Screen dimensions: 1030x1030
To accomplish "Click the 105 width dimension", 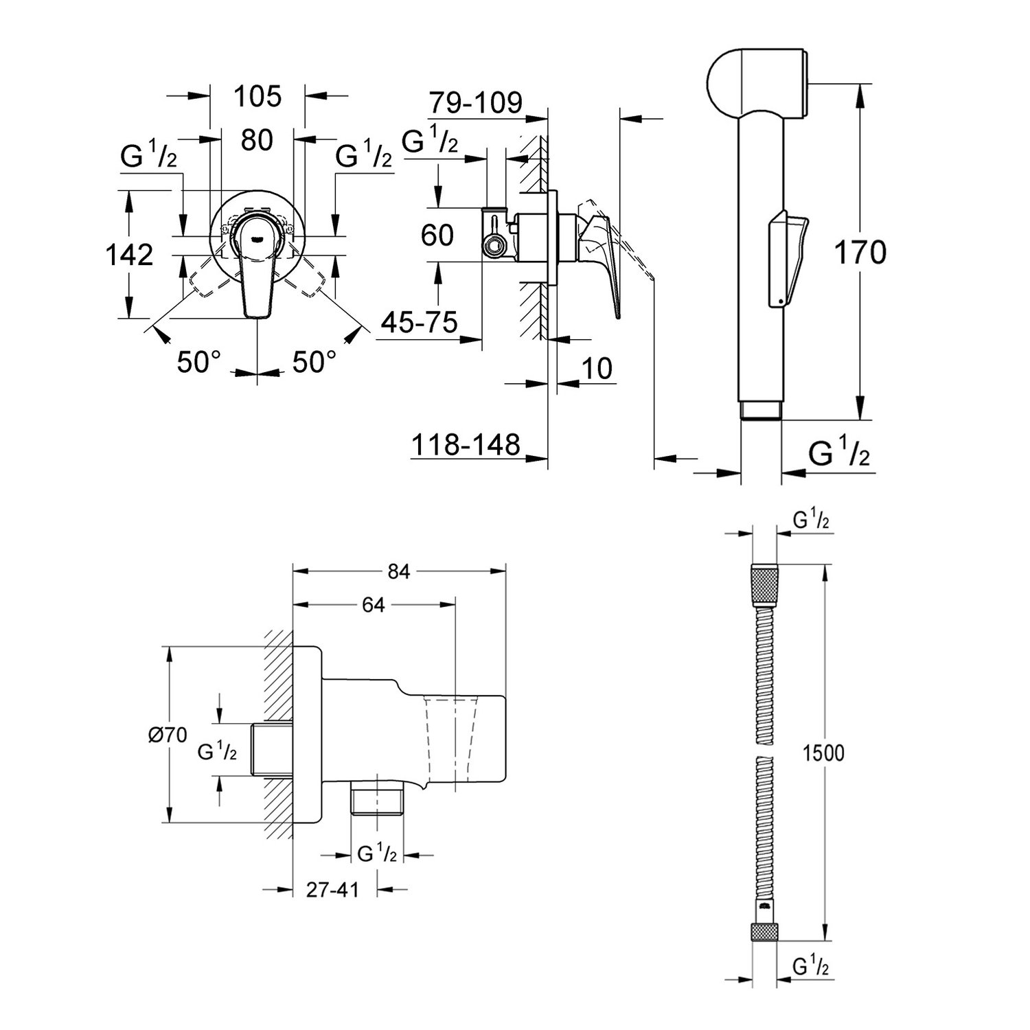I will tap(257, 97).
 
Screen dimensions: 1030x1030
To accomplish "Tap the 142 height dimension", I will tap(129, 255).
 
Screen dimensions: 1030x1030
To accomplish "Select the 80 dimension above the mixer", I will tap(257, 140).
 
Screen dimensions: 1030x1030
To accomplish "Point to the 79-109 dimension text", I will tap(476, 102).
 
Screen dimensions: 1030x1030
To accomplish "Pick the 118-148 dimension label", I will tap(466, 445).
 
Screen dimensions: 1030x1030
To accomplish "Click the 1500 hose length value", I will tap(824, 753).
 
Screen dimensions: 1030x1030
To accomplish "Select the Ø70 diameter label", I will tap(167, 735).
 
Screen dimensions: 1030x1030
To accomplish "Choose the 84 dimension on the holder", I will tap(398, 571).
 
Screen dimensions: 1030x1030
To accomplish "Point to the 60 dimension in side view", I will tap(437, 235).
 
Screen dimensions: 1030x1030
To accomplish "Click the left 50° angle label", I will tap(199, 362).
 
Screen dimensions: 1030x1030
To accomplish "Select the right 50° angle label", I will tap(314, 362).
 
